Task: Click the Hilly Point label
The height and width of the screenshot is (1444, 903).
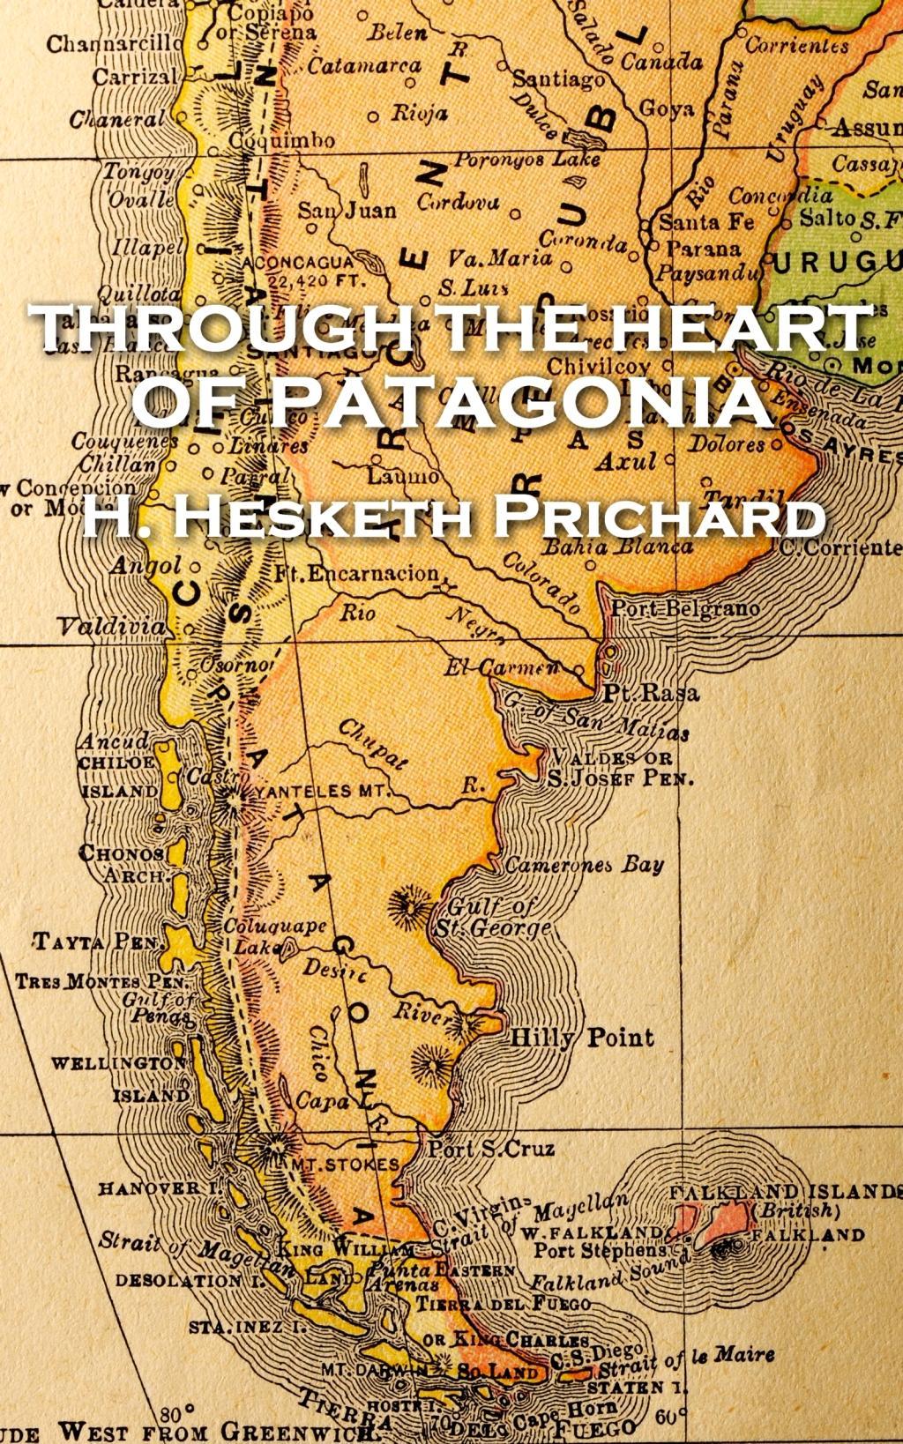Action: click(x=583, y=1037)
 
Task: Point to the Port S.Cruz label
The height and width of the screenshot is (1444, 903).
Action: click(x=491, y=1148)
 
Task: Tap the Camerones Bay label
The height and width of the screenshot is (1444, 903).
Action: click(x=584, y=864)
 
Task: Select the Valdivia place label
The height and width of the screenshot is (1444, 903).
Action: click(x=111, y=627)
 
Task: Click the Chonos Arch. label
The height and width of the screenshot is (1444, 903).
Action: click(x=122, y=864)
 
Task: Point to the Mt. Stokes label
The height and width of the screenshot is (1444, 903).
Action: click(x=345, y=1165)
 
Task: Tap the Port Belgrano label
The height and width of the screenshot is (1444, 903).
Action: click(x=685, y=608)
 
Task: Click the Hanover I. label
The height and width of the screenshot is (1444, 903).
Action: click(x=160, y=1187)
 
